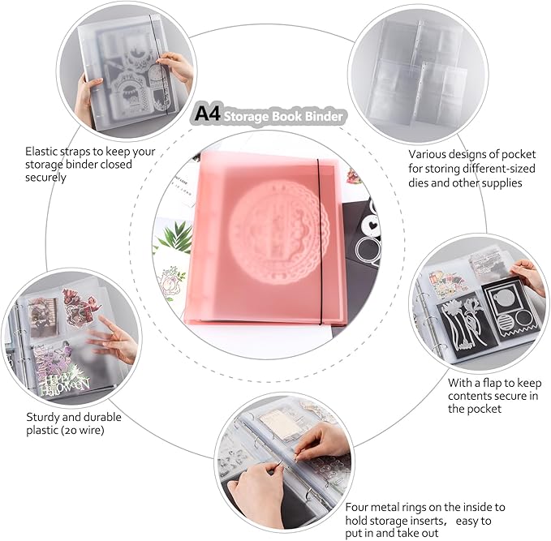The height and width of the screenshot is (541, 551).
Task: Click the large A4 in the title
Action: click(x=207, y=114)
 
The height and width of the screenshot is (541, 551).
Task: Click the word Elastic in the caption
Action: click(x=41, y=152)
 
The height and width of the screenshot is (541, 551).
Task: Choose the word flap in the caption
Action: click(x=491, y=383)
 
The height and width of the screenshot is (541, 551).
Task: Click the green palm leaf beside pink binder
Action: click(x=175, y=238)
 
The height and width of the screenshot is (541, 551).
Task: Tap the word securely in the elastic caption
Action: click(x=45, y=178)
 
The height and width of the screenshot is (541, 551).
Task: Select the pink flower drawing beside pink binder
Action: click(x=171, y=282)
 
